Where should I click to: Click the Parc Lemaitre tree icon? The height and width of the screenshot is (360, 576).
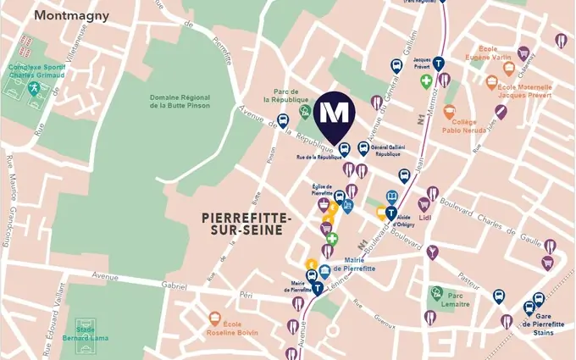point(435,293)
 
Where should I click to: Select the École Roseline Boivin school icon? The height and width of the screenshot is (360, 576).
point(215,318)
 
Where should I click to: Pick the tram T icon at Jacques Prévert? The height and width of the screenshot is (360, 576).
point(439,64)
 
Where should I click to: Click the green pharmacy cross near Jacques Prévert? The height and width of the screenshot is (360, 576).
point(427,82)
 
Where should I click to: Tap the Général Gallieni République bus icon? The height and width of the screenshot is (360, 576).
point(363,148)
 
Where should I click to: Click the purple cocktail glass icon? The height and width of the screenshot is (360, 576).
point(433,251)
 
